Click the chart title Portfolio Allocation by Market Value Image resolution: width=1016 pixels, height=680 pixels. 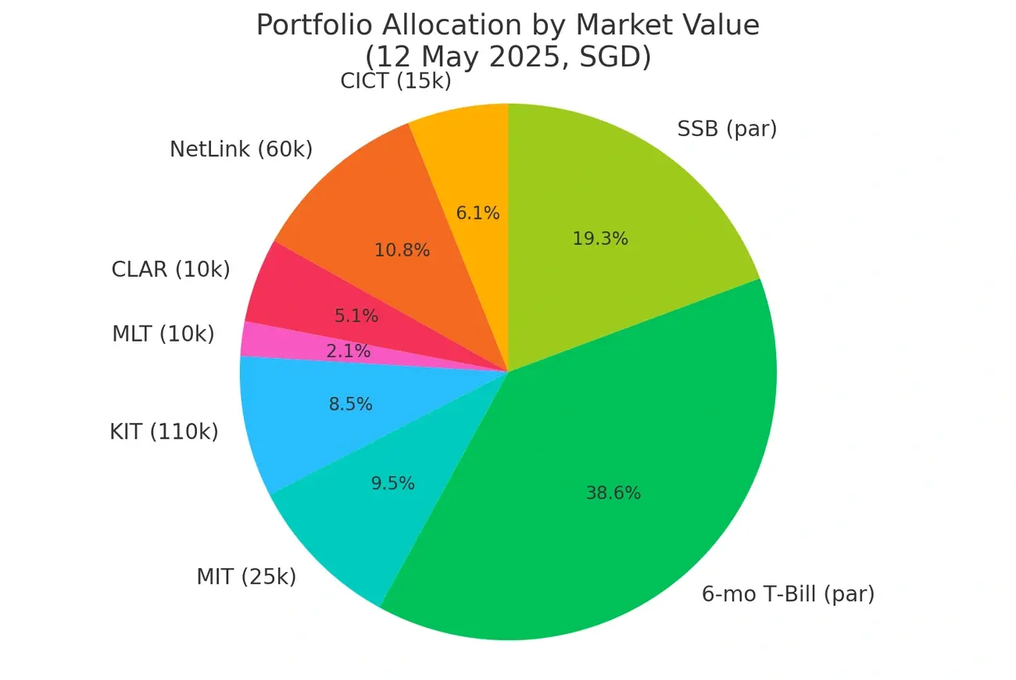[508, 25]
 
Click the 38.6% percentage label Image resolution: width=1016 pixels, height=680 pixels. [614, 493]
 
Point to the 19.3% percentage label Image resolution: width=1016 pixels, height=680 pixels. [600, 239]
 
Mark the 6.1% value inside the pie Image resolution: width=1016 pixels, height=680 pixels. [478, 213]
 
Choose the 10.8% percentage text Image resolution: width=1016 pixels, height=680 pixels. [402, 250]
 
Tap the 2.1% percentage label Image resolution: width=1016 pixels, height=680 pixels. [348, 352]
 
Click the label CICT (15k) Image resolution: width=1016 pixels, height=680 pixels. [395, 81]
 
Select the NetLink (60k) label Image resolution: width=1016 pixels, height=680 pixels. [241, 149]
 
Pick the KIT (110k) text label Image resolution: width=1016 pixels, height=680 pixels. [164, 431]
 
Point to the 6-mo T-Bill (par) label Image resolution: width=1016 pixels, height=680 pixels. [788, 594]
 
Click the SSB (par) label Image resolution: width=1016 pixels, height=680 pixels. [727, 129]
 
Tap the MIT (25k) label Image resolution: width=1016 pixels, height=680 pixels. [246, 578]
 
